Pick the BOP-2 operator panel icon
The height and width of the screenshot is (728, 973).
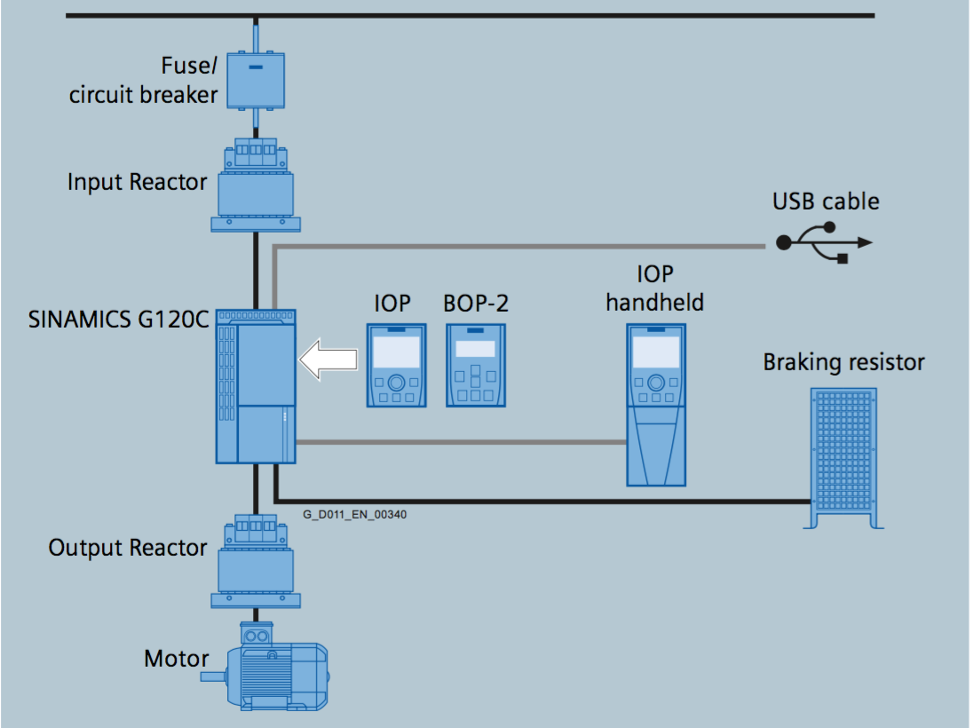coord(475,366)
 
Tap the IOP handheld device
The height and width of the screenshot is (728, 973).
coord(656,405)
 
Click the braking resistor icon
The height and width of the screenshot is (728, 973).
coord(842,458)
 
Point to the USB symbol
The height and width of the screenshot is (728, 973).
coord(826,242)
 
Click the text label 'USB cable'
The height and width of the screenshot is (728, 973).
coord(826,202)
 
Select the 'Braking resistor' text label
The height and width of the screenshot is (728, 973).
coord(843,362)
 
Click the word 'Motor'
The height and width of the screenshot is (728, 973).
coord(177,660)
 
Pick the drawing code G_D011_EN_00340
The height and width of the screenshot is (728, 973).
coord(355,513)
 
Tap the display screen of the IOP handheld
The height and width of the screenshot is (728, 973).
coord(656,352)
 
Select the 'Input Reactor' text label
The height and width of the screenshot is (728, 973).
coord(137,182)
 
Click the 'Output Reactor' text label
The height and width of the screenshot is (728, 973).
coord(128,548)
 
